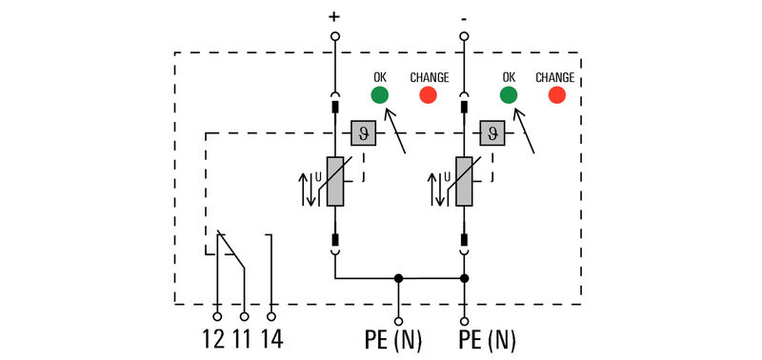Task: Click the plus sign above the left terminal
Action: [334, 16]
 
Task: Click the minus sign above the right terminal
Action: [464, 16]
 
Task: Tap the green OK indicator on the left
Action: [379, 94]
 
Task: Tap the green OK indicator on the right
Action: [509, 94]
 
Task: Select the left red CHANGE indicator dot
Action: [429, 94]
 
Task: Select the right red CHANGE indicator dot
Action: [556, 94]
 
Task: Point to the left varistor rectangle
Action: [335, 181]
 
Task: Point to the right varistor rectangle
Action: [464, 181]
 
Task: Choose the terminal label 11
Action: [243, 339]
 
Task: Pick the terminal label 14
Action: [271, 339]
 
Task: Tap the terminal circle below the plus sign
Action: [335, 36]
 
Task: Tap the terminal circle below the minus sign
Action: [464, 36]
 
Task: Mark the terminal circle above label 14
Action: [271, 315]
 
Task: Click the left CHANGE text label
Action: [429, 77]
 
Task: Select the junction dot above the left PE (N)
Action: [399, 279]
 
